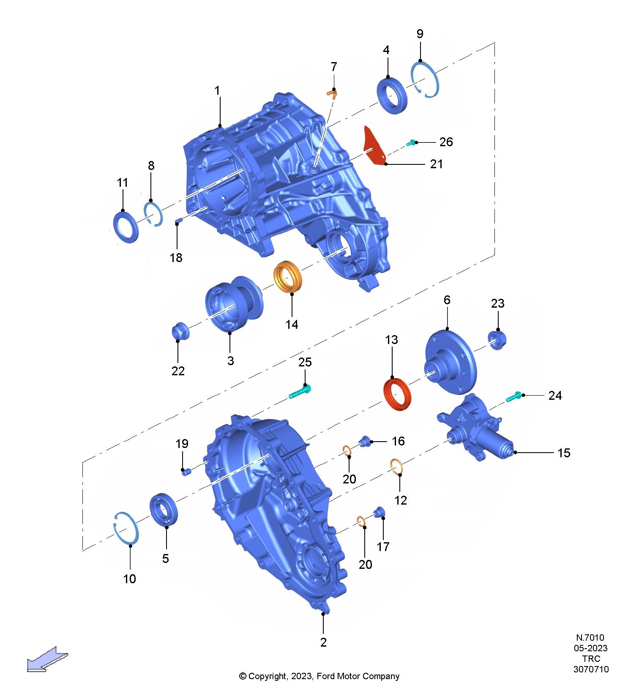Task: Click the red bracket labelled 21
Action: pyautogui.click(x=374, y=146)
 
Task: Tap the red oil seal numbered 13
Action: pyautogui.click(x=397, y=395)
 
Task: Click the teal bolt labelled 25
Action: pyautogui.click(x=300, y=391)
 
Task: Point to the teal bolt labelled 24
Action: pyautogui.click(x=514, y=396)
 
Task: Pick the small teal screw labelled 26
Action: pyautogui.click(x=411, y=143)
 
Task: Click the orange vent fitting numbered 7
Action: pyautogui.click(x=332, y=93)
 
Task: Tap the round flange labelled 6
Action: pyautogui.click(x=451, y=363)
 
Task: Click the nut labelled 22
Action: pyautogui.click(x=180, y=331)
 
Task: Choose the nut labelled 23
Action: pyautogui.click(x=497, y=340)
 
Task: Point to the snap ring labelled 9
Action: pyautogui.click(x=425, y=79)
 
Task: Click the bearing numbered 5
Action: pyautogui.click(x=164, y=509)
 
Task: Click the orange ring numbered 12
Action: pyautogui.click(x=396, y=467)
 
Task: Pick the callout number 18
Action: pyautogui.click(x=176, y=257)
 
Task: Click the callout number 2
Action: pyautogui.click(x=323, y=642)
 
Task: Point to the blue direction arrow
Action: pyautogui.click(x=47, y=659)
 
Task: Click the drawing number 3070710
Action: pyautogui.click(x=591, y=669)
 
